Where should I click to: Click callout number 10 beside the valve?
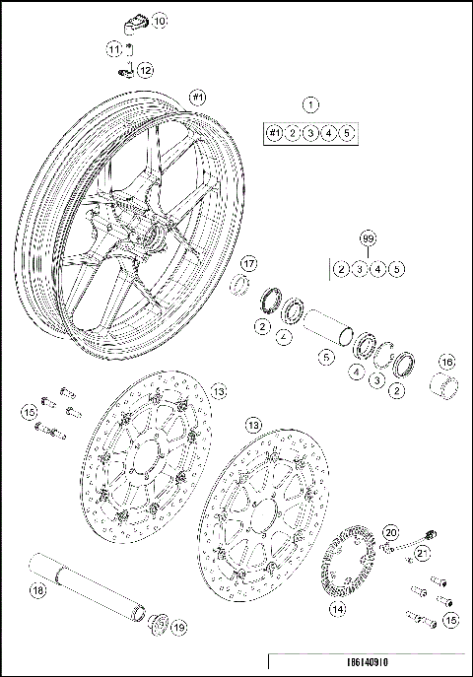coord(160,20)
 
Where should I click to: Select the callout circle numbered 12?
coord(145,70)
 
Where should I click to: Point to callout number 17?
coord(249,263)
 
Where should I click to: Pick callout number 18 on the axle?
coord(36,591)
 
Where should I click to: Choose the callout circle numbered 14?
coord(338,609)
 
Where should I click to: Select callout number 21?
coord(422,555)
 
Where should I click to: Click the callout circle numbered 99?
coord(369,238)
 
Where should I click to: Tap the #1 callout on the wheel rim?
coord(196,98)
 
